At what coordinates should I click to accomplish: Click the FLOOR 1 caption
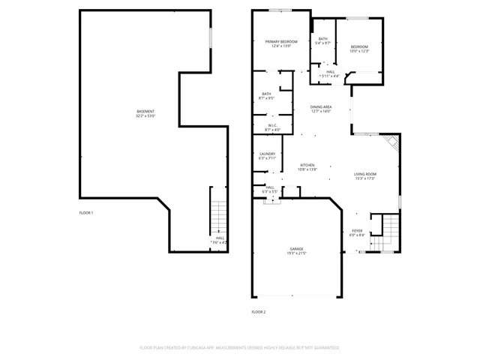86,213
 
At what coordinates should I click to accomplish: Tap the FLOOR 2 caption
258,311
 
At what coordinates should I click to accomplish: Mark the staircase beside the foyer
388,231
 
